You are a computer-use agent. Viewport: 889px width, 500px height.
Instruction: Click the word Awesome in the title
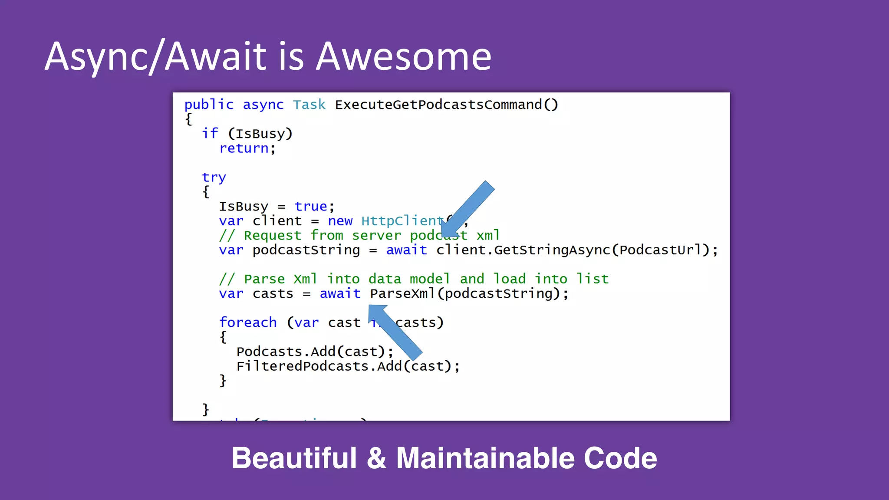[404, 56]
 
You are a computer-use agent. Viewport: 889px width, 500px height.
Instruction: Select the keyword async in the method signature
[263, 105]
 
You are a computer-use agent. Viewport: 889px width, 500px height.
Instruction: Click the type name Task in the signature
[309, 105]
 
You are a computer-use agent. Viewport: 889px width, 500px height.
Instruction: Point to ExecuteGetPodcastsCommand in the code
[438, 105]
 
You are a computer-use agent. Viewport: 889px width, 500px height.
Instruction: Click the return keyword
[244, 149]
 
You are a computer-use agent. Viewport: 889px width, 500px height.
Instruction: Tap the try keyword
[214, 178]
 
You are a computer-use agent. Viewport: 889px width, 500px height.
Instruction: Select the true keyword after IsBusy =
[311, 207]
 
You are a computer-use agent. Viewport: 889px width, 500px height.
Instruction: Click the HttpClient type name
[402, 221]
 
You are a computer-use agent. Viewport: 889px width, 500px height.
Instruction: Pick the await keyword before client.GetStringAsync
[407, 250]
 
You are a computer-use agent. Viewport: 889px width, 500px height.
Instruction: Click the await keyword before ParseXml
[340, 294]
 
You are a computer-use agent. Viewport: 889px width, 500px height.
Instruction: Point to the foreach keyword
[248, 323]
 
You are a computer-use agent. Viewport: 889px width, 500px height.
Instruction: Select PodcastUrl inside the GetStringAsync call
[660, 250]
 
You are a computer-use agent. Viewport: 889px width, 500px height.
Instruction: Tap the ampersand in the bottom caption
[376, 458]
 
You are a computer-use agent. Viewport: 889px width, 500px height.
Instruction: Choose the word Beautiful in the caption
[294, 458]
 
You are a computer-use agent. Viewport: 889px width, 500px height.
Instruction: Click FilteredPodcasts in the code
[302, 366]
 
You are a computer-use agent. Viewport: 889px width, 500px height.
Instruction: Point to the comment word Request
[272, 236]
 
